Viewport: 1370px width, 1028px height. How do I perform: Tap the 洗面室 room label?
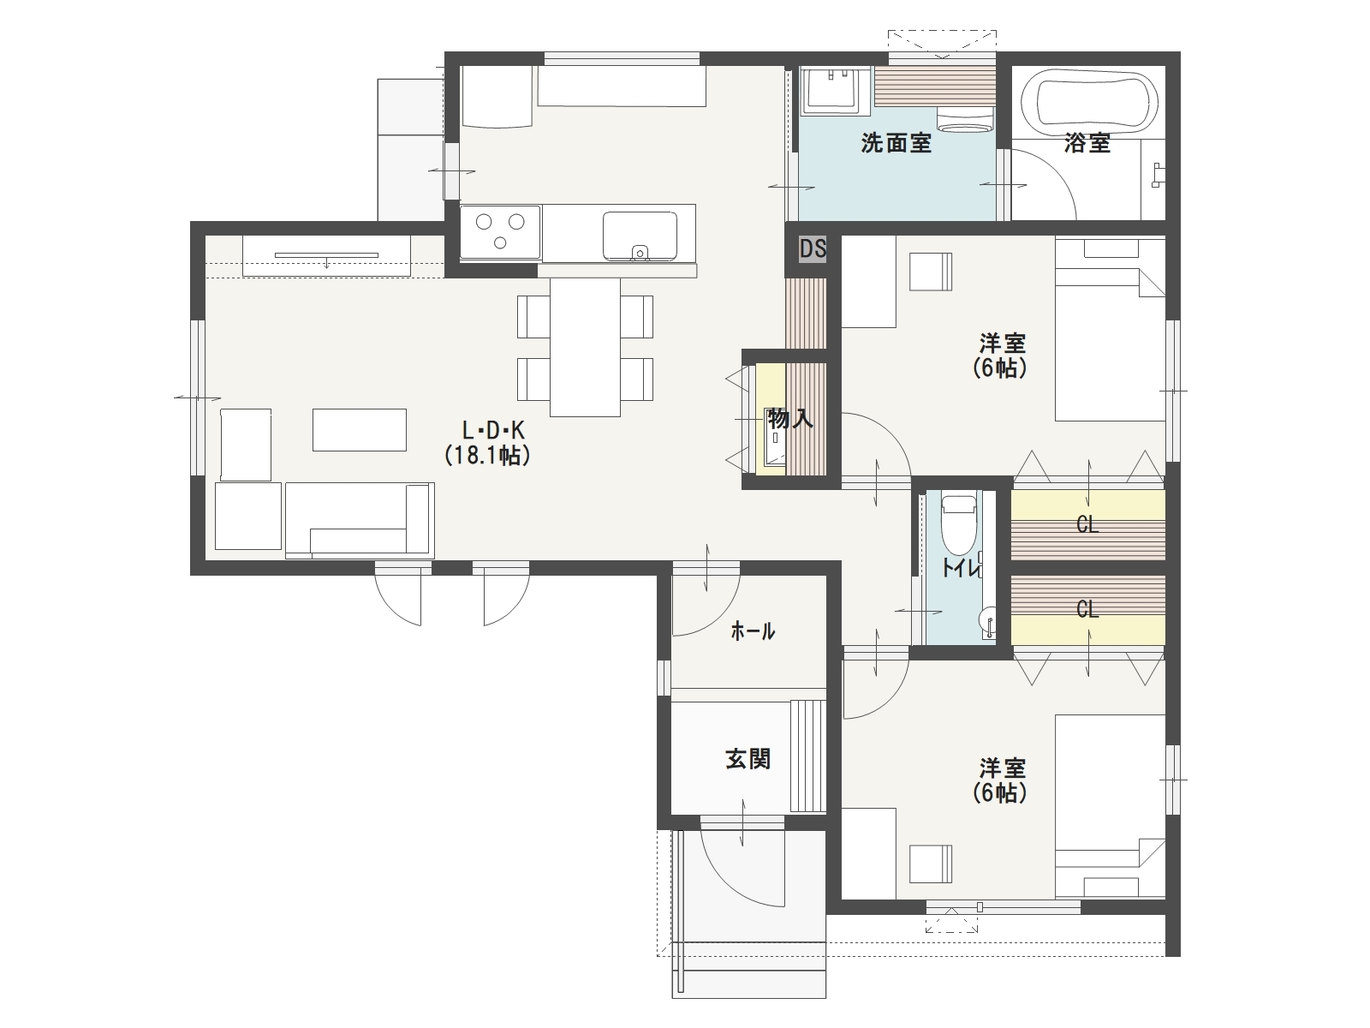tap(896, 144)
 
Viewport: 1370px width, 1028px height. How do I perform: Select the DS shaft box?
tap(812, 249)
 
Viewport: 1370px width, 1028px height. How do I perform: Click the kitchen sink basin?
tap(640, 236)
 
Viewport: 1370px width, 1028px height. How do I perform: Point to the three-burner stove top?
tap(500, 231)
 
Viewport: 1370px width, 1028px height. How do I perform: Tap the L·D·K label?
tap(492, 430)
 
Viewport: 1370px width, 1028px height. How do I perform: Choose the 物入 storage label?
tap(790, 418)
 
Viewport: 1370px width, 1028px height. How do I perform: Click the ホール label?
tap(753, 631)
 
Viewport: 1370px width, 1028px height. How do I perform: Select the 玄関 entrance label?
tap(748, 759)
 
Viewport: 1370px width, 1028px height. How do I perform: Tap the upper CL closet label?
tap(1087, 525)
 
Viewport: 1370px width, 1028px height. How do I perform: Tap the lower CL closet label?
tap(1087, 609)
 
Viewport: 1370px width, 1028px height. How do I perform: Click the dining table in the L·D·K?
tap(585, 347)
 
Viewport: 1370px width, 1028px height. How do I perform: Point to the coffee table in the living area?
tap(360, 429)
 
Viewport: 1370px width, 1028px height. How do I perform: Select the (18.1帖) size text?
tap(487, 456)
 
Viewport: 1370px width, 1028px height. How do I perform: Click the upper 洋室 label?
tap(1003, 344)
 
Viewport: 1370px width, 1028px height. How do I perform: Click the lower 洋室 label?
tap(1003, 768)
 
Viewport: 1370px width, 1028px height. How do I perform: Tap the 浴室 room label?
tap(1087, 144)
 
